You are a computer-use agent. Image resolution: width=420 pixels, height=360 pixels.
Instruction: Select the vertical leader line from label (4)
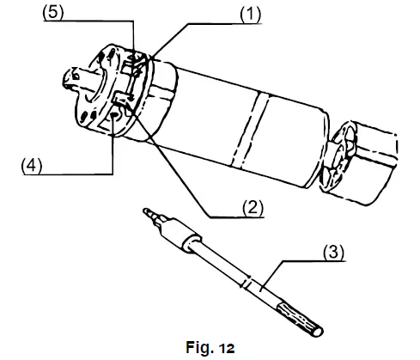pos(113,146)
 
